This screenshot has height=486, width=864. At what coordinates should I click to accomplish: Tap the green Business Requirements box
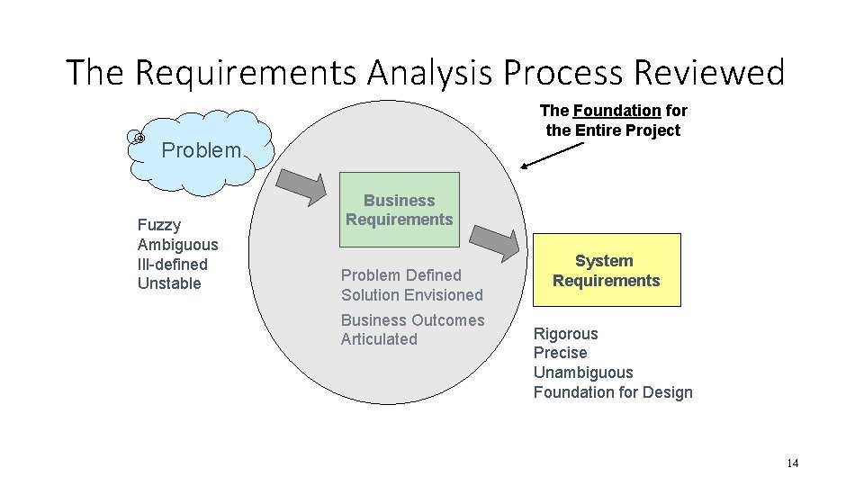point(399,210)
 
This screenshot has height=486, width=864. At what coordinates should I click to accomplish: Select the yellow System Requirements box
point(606,270)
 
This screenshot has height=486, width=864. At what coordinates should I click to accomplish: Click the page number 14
point(792,463)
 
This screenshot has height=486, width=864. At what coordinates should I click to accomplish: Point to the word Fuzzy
point(158,225)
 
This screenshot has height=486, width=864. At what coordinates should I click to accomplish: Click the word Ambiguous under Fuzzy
point(177,245)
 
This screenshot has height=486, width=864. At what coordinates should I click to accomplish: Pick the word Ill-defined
point(172,265)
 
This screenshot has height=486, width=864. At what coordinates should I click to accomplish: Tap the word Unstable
point(169,284)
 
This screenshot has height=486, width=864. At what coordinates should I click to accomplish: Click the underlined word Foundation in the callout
point(616,111)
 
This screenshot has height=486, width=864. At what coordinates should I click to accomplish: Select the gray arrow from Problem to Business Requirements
point(301,186)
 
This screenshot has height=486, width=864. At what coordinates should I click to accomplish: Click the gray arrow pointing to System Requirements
point(496,239)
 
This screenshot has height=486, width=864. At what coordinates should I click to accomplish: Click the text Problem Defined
point(400,275)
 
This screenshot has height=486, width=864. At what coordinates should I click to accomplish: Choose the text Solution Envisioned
point(411,295)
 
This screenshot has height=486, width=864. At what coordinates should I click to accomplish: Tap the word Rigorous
point(565,334)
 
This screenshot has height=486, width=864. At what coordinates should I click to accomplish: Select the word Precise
point(560,353)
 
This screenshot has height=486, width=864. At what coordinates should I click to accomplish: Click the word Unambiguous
point(583,373)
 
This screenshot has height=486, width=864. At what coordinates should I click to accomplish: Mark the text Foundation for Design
point(613,392)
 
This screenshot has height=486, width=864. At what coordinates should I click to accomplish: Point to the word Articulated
point(379,339)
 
